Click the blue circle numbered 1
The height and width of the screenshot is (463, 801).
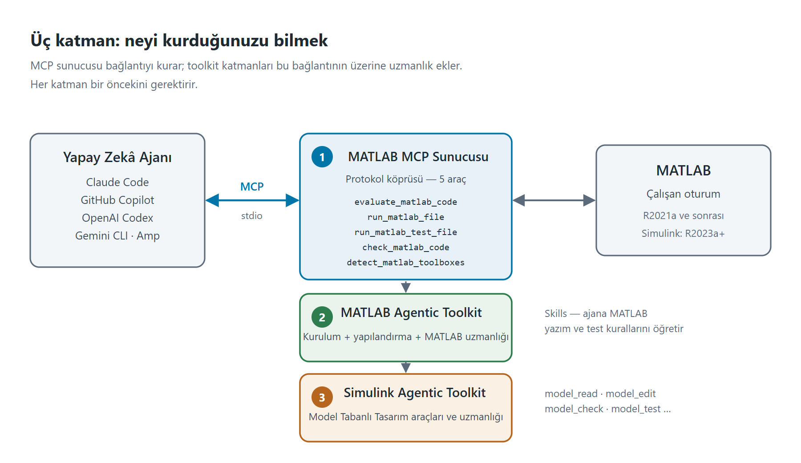coord(322,157)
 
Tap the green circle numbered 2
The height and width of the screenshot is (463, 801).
coord(322,317)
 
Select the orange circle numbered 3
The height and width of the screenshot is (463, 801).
coord(322,398)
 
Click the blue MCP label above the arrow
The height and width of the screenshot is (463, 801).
coord(252,187)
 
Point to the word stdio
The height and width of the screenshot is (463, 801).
coord(252,216)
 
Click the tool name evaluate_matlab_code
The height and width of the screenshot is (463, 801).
coord(406,202)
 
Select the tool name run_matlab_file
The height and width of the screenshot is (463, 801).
coord(406,217)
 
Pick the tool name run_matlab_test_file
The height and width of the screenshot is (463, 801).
coord(406,232)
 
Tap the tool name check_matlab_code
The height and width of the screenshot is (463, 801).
coord(406,248)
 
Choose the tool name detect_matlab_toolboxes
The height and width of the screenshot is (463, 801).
coord(406,263)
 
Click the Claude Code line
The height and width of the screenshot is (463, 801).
coord(117,182)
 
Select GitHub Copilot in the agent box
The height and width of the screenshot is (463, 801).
coord(117,200)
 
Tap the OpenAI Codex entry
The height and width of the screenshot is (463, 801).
coord(117,218)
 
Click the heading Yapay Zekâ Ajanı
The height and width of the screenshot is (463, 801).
coord(117,157)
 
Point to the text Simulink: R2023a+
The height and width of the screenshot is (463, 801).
coord(683,233)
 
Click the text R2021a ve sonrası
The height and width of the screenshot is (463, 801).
coord(683,215)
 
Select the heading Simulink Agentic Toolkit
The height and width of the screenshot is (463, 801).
coord(415,393)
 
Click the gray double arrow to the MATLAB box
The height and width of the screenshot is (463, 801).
coord(554,200)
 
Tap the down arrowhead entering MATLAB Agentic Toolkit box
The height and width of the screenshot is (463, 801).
coord(406,288)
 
